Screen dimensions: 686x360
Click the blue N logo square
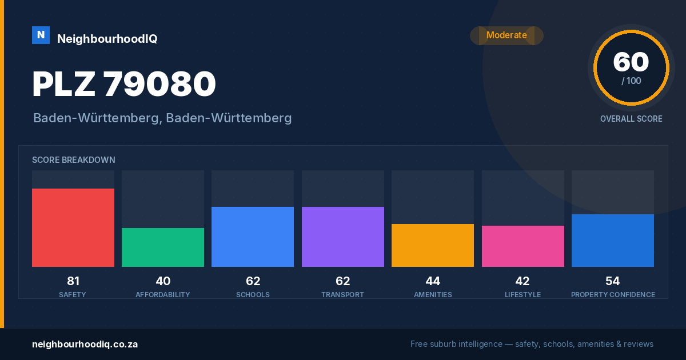point(41,35)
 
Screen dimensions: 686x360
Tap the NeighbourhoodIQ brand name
point(107,39)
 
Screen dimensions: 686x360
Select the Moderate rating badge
point(506,35)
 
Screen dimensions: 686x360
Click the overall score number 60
point(631,62)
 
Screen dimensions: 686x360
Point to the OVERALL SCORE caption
point(631,119)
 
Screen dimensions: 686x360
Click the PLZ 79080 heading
point(124,83)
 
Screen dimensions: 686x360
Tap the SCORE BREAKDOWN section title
point(74,160)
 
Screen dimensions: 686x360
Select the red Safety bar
point(73,227)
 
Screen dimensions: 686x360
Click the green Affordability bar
point(163,247)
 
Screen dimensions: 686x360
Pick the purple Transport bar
point(342,237)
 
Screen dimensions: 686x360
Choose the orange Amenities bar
point(433,245)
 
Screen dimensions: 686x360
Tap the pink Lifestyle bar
point(523,246)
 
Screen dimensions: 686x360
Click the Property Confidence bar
point(613,241)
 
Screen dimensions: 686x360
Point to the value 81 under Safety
point(73,281)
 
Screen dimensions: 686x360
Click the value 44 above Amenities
point(433,281)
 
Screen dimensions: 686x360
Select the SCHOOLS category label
point(253,294)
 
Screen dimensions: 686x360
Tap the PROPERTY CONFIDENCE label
point(613,294)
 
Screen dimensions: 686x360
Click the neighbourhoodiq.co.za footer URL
point(85,344)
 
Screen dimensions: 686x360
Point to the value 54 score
point(612,281)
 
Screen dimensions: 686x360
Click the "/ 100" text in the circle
point(631,81)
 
